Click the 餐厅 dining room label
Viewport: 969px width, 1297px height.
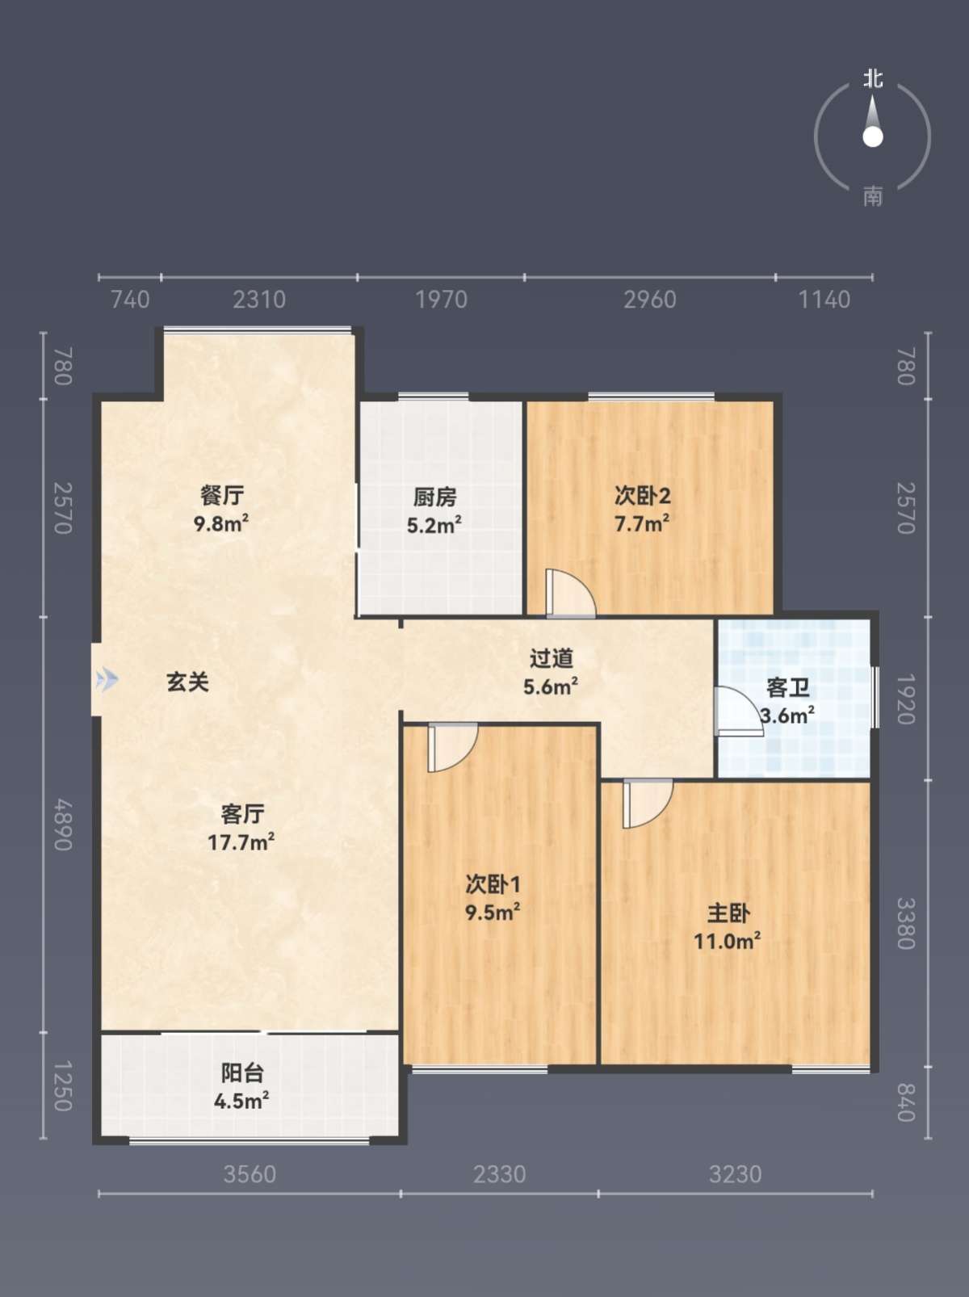(x=222, y=495)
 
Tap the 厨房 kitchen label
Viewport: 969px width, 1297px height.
(x=434, y=497)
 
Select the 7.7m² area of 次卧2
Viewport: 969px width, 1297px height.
(x=642, y=523)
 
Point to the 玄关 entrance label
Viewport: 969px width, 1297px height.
(x=188, y=682)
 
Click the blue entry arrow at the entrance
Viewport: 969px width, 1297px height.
(x=107, y=679)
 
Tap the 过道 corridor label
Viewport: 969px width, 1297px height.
(x=552, y=658)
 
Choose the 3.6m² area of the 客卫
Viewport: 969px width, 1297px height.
(x=787, y=716)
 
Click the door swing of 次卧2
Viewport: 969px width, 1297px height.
(x=570, y=593)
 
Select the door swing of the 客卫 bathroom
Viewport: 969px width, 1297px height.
(x=738, y=711)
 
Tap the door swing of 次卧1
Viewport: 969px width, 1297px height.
(x=452, y=748)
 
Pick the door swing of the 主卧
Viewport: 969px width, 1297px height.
(x=648, y=804)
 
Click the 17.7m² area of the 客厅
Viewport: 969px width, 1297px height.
(x=241, y=842)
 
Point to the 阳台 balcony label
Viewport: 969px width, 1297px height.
(x=242, y=1072)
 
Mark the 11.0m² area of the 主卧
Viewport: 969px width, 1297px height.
(x=728, y=941)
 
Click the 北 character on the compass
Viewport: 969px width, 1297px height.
(x=873, y=79)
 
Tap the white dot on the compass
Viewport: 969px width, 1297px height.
(x=873, y=137)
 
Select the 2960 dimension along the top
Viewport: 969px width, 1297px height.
(x=650, y=300)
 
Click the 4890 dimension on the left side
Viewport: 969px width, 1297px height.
(x=63, y=825)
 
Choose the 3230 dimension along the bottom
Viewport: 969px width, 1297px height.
(x=735, y=1174)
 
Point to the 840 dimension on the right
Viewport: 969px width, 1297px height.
(x=906, y=1102)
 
